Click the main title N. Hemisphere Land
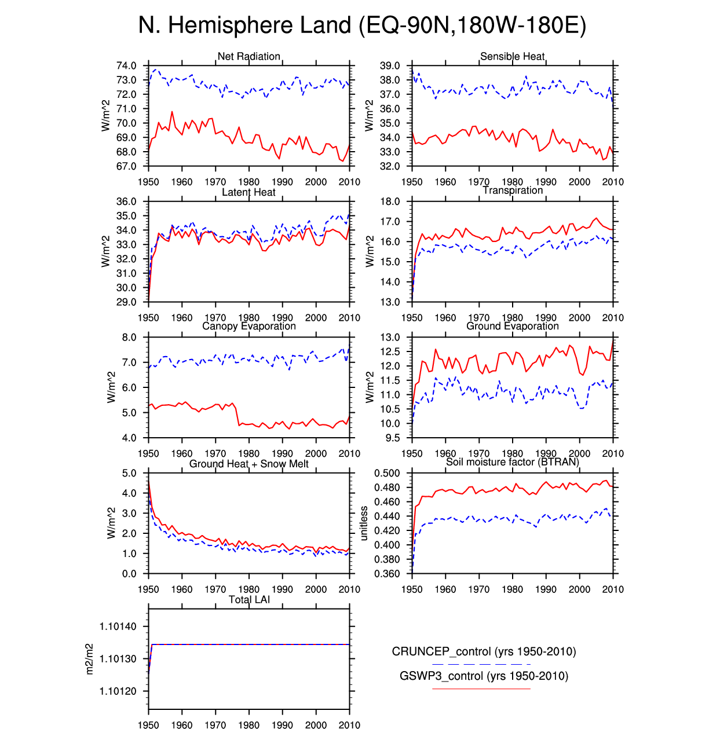click(361, 25)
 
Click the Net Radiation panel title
click(248, 56)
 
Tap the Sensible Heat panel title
click(512, 56)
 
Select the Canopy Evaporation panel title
click(248, 326)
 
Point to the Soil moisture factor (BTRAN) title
click(512, 461)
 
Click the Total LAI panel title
click(248, 599)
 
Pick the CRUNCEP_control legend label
click(484, 651)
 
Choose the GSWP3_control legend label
click(484, 676)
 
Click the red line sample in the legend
click(481, 688)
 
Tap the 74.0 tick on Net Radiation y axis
click(126, 66)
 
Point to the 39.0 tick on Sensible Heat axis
click(390, 66)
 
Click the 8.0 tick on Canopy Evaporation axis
click(129, 338)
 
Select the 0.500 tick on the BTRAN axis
click(387, 473)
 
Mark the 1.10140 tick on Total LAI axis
click(118, 627)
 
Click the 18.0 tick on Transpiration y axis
click(390, 202)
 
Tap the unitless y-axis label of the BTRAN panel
click(364, 523)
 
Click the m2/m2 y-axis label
click(89, 659)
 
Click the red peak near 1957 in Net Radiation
click(172, 112)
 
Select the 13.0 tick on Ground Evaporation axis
click(390, 338)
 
